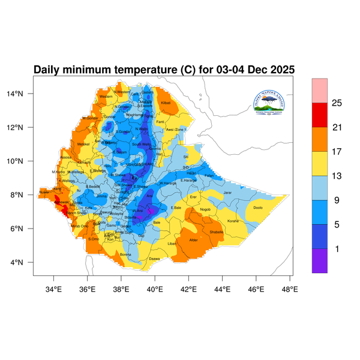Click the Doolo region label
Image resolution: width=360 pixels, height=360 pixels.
[258, 208]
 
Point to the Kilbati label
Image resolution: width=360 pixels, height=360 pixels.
[166, 103]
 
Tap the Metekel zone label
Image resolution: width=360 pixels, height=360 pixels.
[83, 144]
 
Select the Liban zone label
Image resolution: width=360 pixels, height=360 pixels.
[172, 244]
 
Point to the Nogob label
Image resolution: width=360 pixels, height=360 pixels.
[205, 209]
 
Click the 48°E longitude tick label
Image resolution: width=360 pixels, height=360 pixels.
[290, 289]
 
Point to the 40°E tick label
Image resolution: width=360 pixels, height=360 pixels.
[155, 289]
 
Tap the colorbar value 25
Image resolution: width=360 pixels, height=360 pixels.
[337, 103]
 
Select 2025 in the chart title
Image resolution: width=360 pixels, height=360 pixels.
[281, 70]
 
